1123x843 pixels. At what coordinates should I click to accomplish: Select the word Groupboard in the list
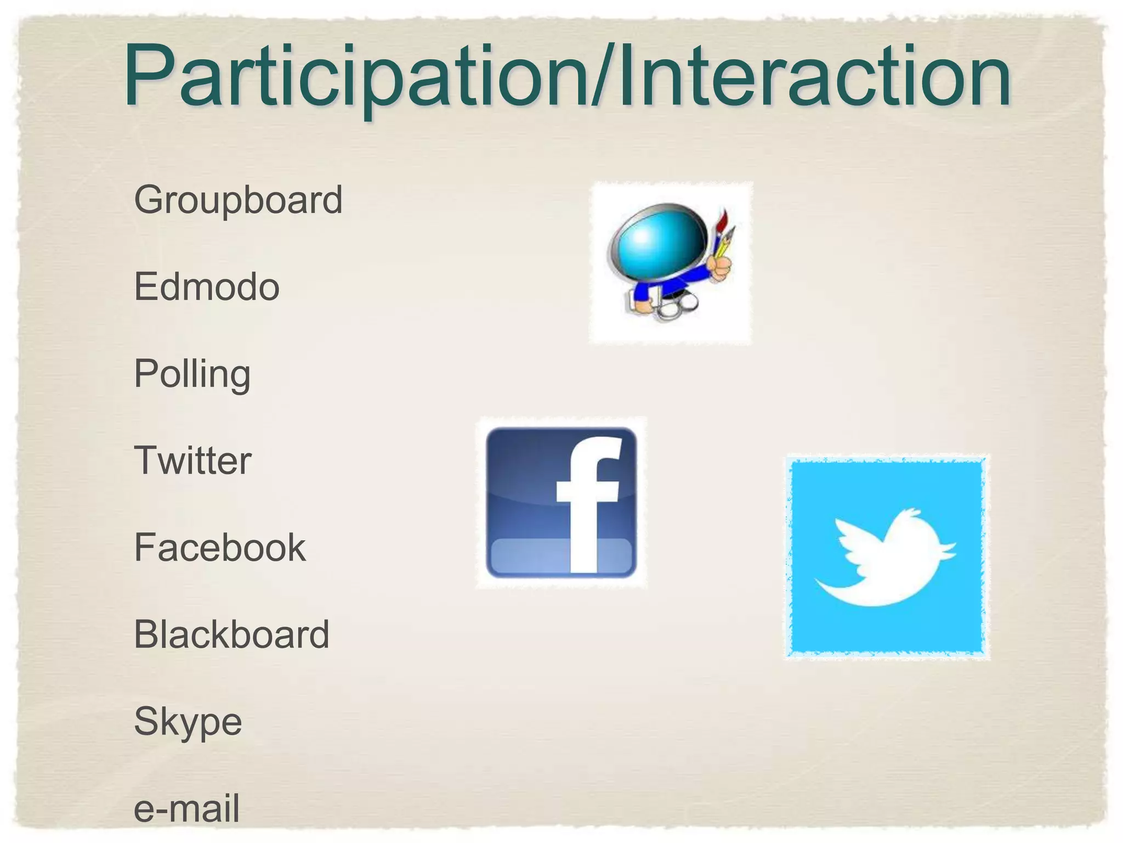click(238, 200)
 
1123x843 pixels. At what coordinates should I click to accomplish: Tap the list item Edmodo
click(207, 286)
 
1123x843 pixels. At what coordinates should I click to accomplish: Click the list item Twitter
click(192, 460)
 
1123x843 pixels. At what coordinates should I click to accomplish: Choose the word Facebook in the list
click(219, 547)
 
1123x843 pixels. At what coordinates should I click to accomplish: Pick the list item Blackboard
click(231, 634)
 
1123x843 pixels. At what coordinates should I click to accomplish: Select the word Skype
click(188, 722)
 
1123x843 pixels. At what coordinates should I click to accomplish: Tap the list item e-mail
click(186, 808)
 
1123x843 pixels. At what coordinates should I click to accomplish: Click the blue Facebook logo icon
click(561, 502)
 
